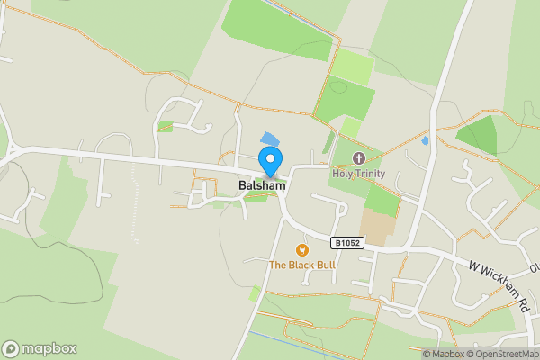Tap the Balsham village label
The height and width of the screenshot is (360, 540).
pos(262,185)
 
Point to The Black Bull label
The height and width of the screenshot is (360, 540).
pos(301,265)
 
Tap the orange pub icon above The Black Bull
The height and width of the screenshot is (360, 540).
pos(302,250)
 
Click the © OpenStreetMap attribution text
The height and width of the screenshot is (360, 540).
pos(502,354)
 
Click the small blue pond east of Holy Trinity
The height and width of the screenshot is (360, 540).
pos(425,140)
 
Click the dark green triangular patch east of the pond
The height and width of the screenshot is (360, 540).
pos(480,136)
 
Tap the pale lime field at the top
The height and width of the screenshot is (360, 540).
pos(353,67)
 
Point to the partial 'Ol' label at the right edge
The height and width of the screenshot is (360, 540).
pos(534,267)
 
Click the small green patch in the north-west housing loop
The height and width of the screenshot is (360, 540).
pos(165,127)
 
